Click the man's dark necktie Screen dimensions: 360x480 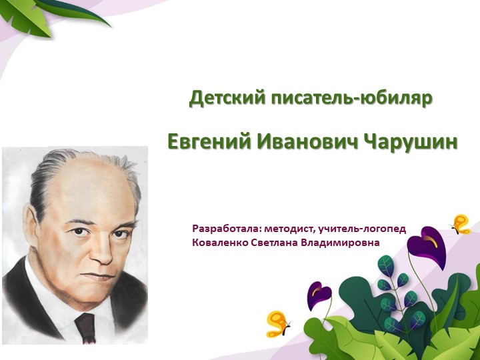85,327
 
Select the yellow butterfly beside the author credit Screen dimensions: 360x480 461,224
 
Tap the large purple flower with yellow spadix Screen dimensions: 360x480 427,246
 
